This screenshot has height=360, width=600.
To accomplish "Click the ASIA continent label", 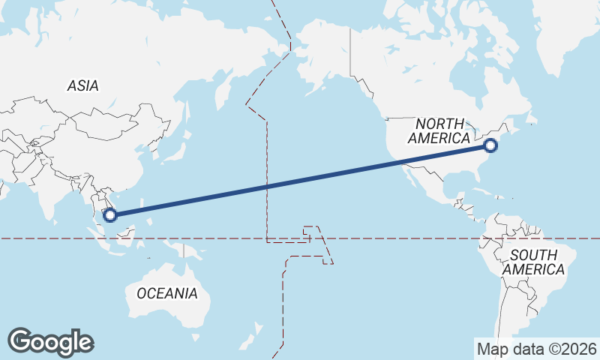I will pyautogui.click(x=82, y=86).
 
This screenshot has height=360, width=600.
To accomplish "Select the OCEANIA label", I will pyautogui.click(x=167, y=293).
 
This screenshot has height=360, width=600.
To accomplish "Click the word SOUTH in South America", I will pyautogui.click(x=533, y=255).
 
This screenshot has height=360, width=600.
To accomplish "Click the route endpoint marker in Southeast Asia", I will pyautogui.click(x=110, y=215).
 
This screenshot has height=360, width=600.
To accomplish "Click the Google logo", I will pyautogui.click(x=50, y=342).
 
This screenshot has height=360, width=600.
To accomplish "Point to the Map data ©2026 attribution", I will pyautogui.click(x=537, y=349).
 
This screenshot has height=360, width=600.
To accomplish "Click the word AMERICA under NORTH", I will pyautogui.click(x=439, y=139).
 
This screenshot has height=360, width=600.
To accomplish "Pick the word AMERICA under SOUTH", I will pyautogui.click(x=533, y=269).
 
